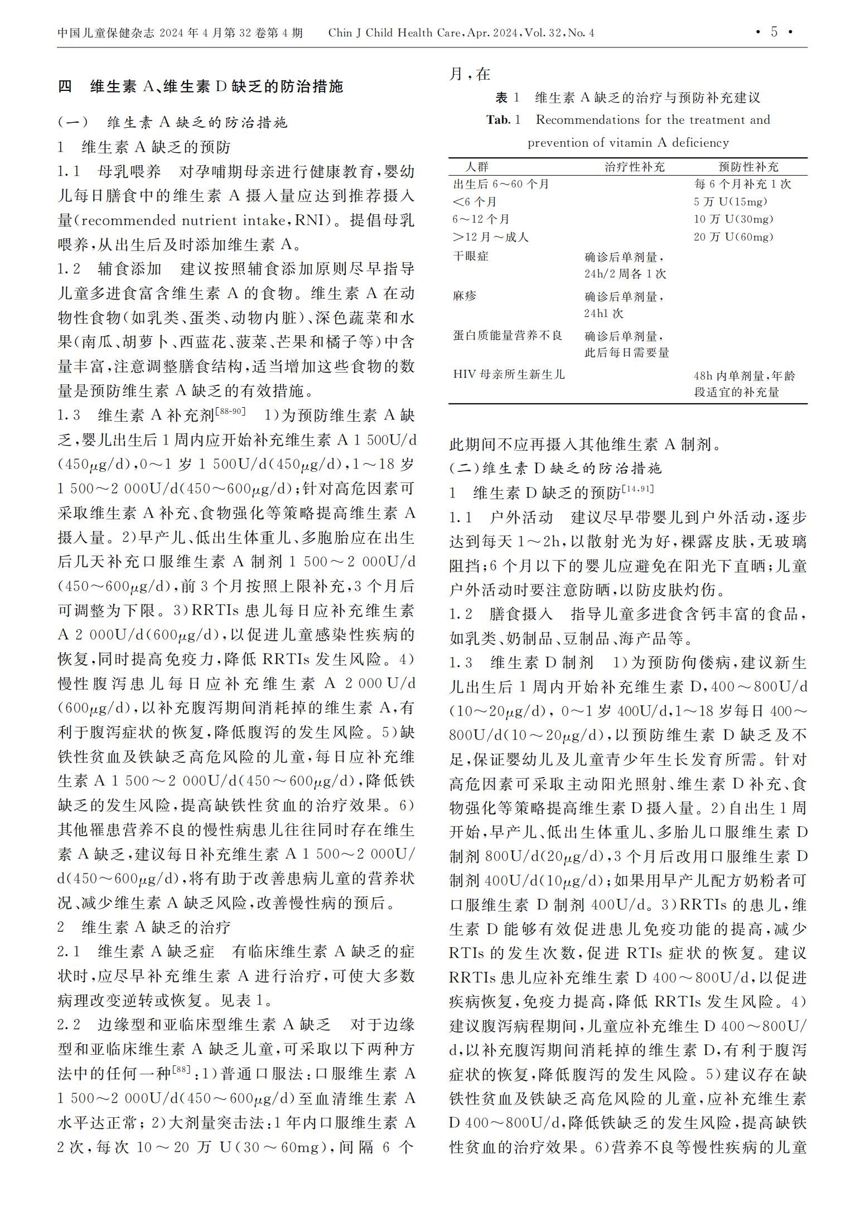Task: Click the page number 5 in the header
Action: point(774,32)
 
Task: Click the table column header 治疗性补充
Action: point(635,167)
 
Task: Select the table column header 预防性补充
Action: point(748,167)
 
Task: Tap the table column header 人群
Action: point(477,167)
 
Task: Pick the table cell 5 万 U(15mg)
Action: point(731,202)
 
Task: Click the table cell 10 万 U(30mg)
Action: point(733,219)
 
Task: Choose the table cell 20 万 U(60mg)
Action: point(733,237)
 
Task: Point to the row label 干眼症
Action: point(471,256)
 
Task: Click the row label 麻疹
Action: point(465,296)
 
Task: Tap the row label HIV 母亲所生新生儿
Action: point(509,374)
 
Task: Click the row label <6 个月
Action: point(475,202)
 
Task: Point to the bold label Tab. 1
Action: point(502,120)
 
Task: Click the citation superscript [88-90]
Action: point(230,412)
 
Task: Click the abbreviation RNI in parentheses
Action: point(313,220)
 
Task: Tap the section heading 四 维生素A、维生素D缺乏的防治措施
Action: point(201,87)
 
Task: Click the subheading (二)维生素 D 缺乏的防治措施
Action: point(555,469)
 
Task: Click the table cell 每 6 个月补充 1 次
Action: point(742,184)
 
